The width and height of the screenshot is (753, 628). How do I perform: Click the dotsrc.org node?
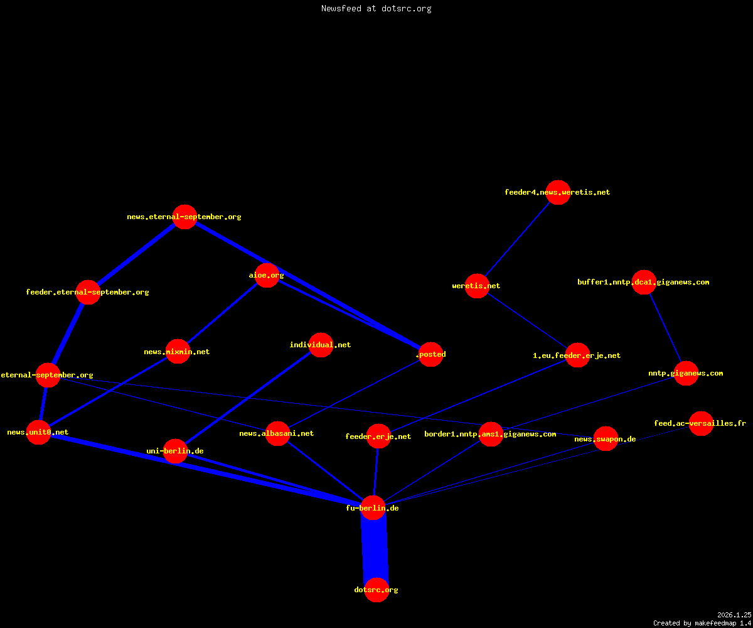point(376,590)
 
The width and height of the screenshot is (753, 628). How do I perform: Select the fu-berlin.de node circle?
point(373,508)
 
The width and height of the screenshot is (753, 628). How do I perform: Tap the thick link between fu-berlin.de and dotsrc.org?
point(375,549)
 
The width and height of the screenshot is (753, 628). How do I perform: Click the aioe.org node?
point(267,276)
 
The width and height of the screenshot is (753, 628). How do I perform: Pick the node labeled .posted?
point(430,354)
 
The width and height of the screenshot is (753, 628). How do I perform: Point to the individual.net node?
point(321,345)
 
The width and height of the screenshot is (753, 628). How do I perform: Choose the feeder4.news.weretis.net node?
point(558,192)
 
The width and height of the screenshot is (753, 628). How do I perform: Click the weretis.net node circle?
point(477,286)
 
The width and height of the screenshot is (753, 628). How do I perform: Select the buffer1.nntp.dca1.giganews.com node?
point(644,282)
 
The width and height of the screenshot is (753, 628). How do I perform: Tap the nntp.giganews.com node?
point(686,373)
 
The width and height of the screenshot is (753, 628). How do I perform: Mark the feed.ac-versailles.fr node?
point(701,423)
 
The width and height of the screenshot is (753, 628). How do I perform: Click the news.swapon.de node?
point(606,439)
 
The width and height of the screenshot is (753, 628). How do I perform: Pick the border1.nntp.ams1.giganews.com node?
point(491,434)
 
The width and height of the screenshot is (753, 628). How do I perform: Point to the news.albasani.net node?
point(277,433)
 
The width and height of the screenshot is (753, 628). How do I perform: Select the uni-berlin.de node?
point(175,451)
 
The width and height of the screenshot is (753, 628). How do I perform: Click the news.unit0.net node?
point(38,433)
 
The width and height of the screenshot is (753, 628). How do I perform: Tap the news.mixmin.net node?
point(178,352)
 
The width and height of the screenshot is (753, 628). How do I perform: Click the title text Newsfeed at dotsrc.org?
point(376,8)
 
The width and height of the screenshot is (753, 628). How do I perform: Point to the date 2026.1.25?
point(734,615)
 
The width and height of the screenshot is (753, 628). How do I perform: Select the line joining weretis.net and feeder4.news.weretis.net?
point(518,239)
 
